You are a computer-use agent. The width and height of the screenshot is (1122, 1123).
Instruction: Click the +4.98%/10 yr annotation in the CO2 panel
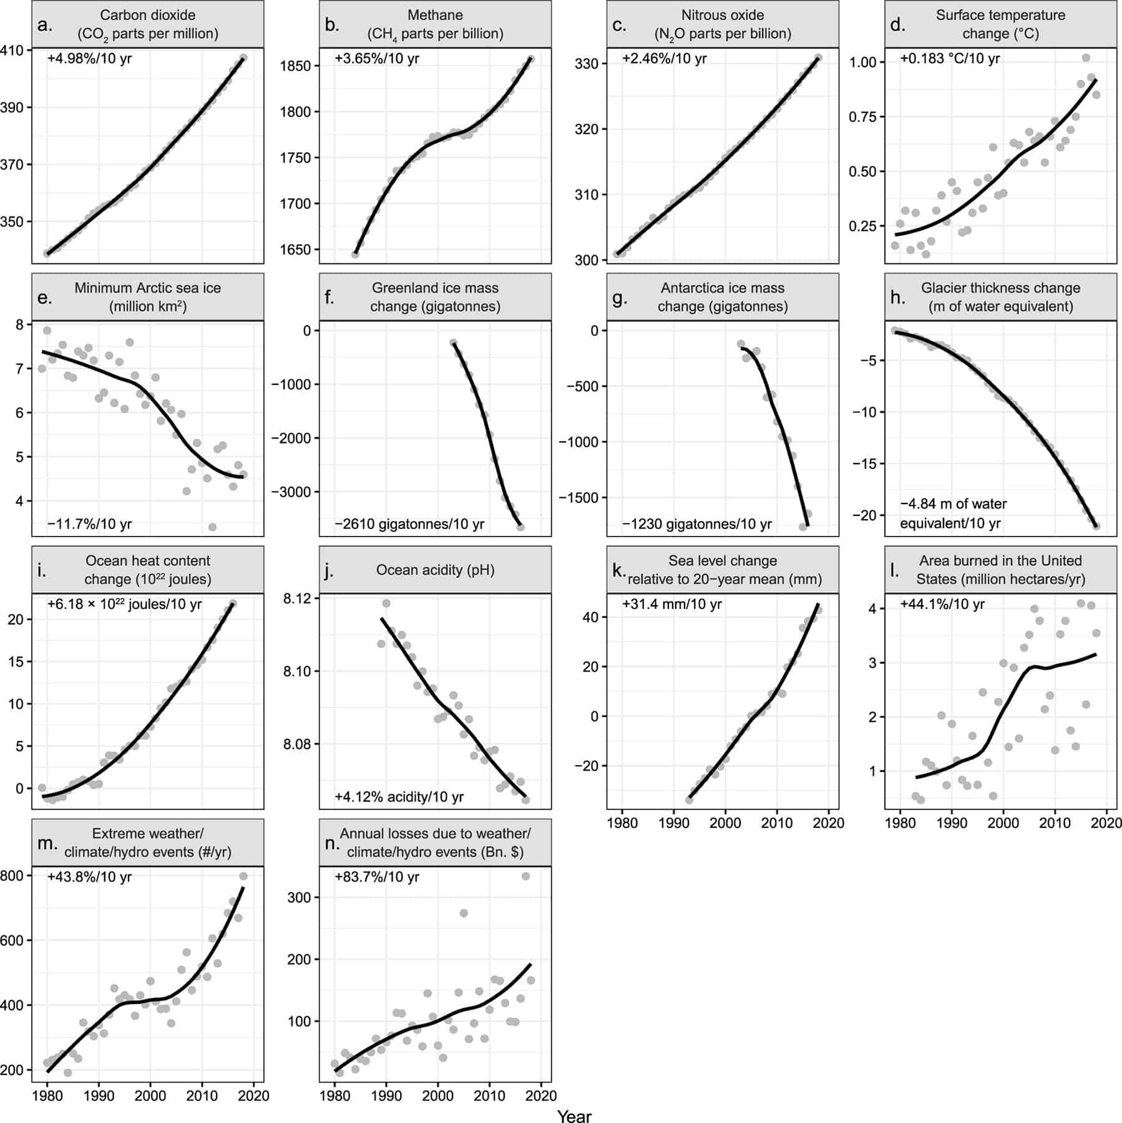pyautogui.click(x=89, y=59)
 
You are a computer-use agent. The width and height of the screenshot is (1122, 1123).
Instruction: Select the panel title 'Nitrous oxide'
pyautogui.click(x=722, y=15)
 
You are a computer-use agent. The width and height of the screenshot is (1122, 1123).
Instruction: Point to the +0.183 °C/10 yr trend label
pyautogui.click(x=950, y=59)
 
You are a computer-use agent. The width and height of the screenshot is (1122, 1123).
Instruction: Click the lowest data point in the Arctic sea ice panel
pyautogui.click(x=212, y=527)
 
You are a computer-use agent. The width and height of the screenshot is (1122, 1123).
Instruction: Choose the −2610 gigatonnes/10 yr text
pyautogui.click(x=409, y=524)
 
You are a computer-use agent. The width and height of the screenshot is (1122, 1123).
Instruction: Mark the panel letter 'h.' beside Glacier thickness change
pyautogui.click(x=897, y=298)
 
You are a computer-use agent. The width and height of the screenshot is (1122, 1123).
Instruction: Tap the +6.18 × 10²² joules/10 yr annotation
pyautogui.click(x=124, y=604)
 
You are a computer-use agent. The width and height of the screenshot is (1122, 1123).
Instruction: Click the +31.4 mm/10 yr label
pyautogui.click(x=671, y=604)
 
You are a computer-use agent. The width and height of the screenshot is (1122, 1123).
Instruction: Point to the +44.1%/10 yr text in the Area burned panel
pyautogui.click(x=942, y=604)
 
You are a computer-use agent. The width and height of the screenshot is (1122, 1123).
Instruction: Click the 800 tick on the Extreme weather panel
pyautogui.click(x=12, y=875)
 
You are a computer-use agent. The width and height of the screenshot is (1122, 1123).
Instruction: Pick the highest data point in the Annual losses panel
pyautogui.click(x=525, y=876)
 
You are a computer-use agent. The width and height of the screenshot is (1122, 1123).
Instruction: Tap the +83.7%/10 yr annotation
pyautogui.click(x=377, y=877)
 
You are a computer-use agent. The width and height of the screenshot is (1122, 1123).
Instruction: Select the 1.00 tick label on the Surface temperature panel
pyautogui.click(x=862, y=62)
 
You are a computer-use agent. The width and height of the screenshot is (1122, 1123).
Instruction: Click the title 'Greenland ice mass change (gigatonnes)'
pyautogui.click(x=435, y=297)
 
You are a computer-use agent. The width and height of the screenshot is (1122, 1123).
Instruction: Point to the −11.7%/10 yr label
pyautogui.click(x=89, y=524)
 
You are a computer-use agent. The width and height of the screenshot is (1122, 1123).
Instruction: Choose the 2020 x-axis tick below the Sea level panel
pyautogui.click(x=829, y=823)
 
